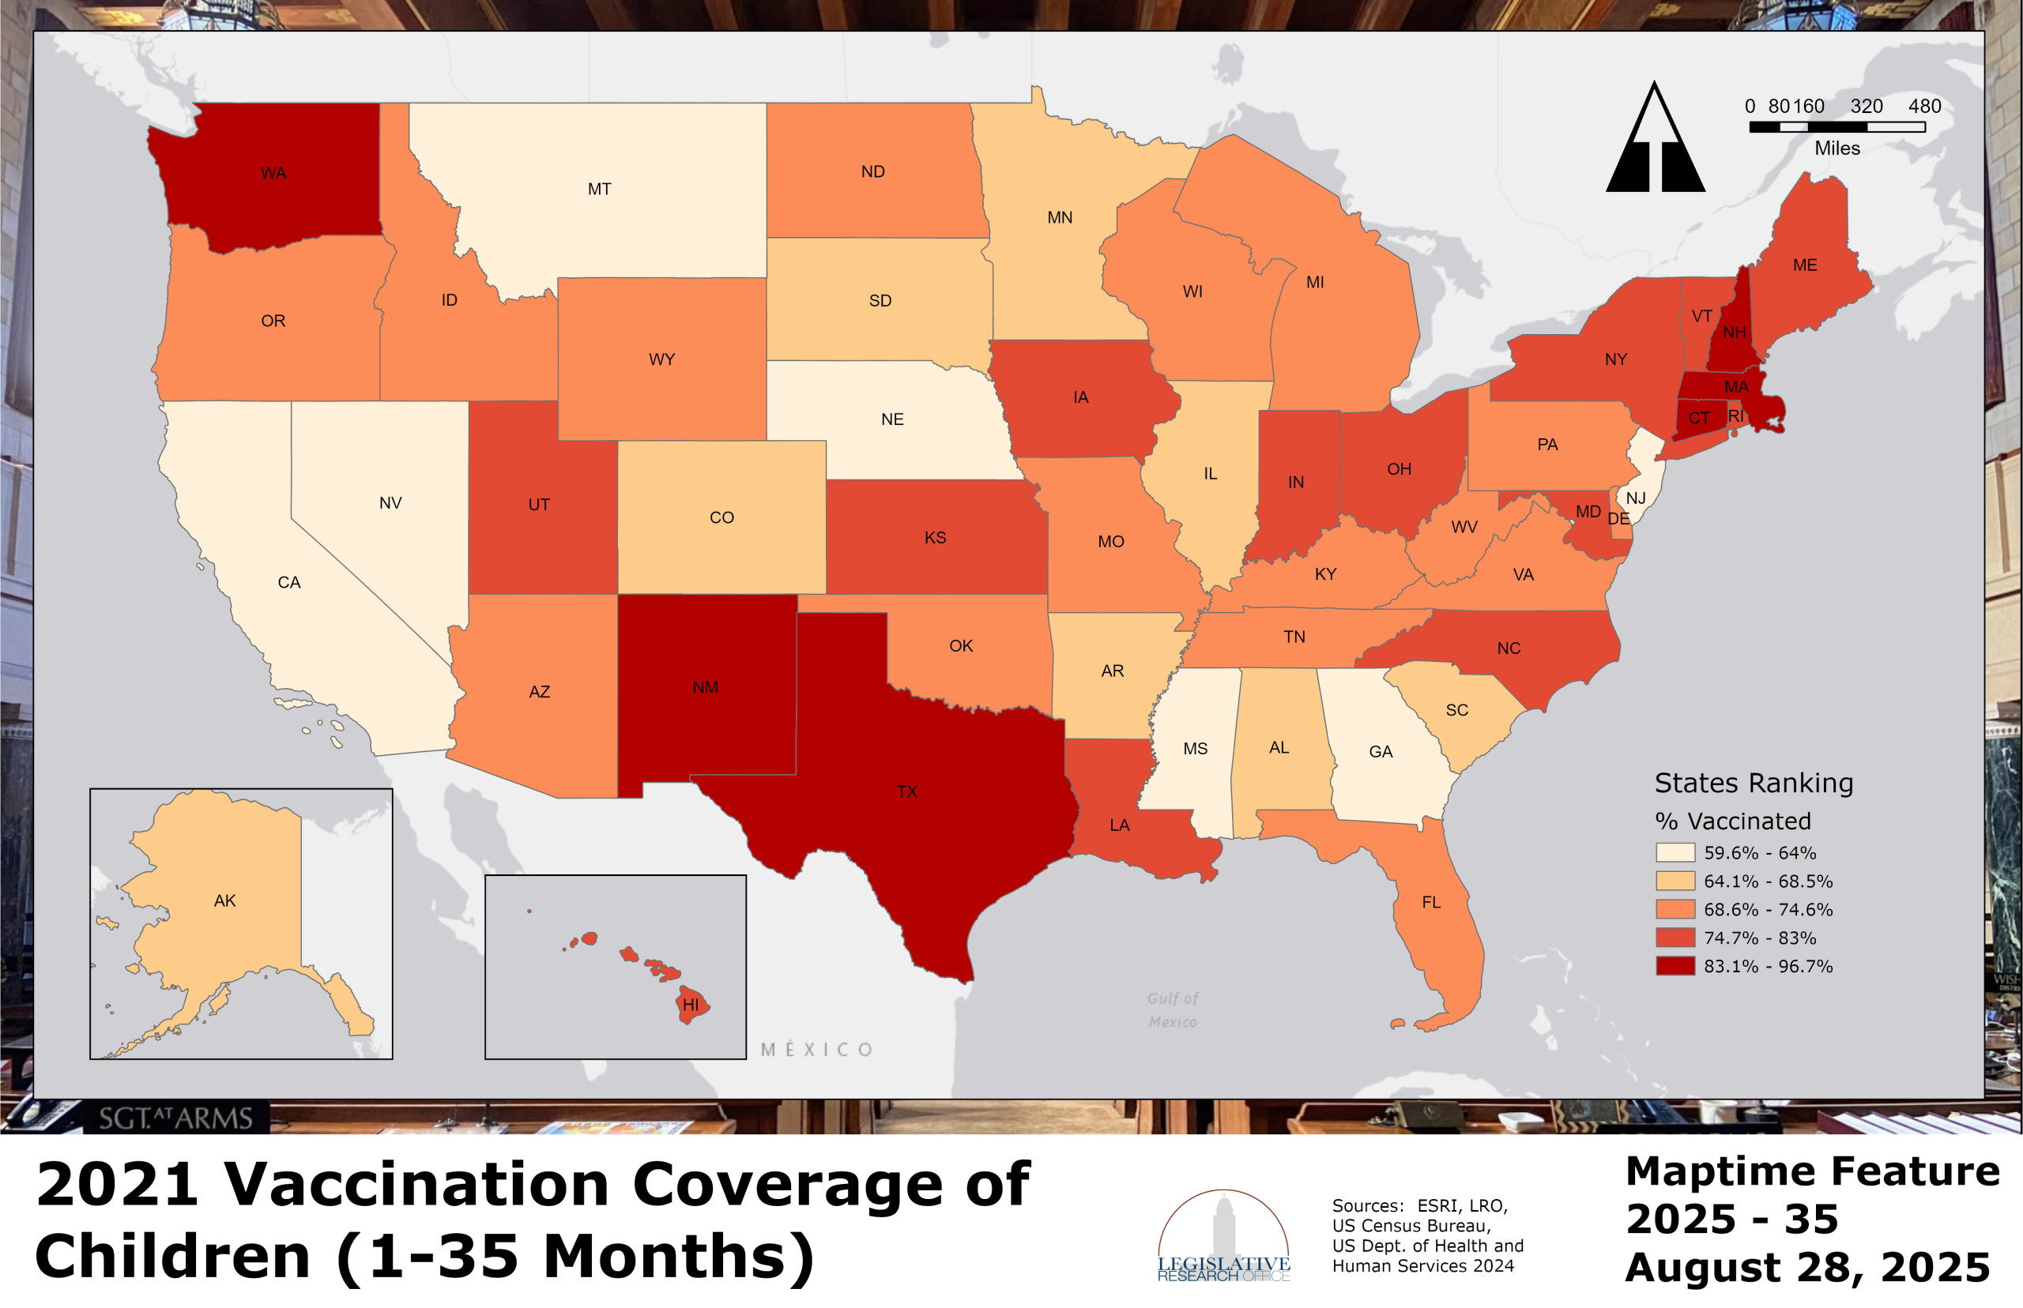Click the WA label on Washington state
273,173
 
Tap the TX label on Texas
906,791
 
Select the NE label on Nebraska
892,419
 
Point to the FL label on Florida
1431,902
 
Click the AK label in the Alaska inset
224,900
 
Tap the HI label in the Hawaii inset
691,1005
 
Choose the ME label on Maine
1805,265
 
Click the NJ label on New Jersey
1636,498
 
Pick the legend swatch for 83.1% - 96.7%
1675,966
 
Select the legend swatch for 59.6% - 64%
1675,853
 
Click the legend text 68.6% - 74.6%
1767,910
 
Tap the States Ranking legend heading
1753,782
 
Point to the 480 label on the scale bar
1924,106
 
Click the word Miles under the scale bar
1837,148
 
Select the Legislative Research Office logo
1222,1236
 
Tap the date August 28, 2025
1806,1267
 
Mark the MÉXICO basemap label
816,1050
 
